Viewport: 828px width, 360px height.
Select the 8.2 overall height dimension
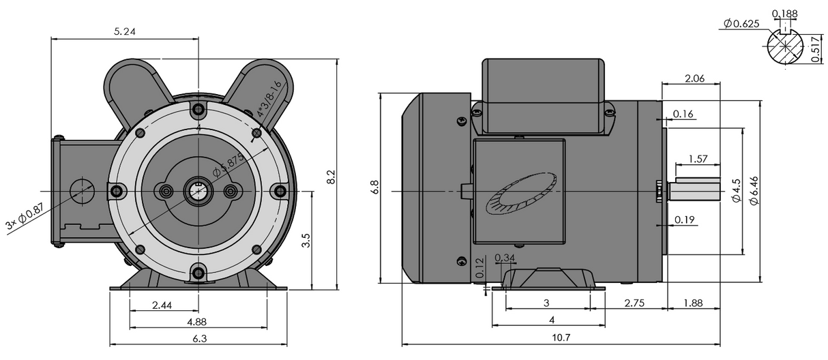coord(331,177)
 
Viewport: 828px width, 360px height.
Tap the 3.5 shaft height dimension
coord(305,240)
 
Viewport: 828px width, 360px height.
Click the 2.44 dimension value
coord(162,305)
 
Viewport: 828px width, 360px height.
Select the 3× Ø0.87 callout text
coord(25,216)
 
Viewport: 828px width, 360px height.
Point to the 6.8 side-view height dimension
coord(374,188)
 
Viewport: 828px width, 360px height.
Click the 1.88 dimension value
coord(692,302)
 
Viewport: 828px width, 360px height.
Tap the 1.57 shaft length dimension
coord(697,158)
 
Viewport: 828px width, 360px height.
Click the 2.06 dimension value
coord(694,78)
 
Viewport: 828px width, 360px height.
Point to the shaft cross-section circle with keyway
coord(785,48)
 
